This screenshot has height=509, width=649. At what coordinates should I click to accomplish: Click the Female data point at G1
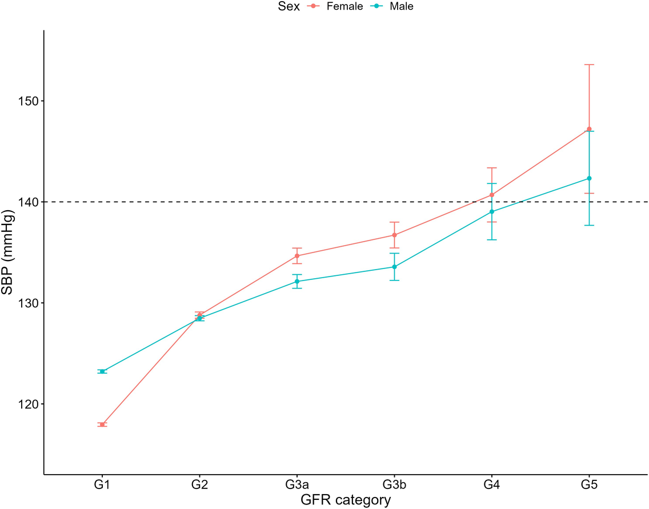102,424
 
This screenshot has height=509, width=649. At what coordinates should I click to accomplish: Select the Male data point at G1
102,371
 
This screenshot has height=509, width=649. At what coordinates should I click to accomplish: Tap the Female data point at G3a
297,255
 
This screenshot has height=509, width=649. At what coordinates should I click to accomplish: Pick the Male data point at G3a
297,281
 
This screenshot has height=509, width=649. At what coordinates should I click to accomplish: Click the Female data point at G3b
394,235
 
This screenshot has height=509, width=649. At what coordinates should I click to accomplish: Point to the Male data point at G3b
394,267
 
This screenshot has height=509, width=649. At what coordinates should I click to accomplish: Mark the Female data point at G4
492,195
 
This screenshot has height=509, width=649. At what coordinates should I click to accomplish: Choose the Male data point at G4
492,212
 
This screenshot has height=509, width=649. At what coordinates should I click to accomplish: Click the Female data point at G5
589,129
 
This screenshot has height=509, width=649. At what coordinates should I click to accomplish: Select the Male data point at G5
589,178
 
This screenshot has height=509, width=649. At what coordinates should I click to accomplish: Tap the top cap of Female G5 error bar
589,65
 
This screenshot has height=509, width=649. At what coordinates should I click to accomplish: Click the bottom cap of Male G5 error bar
589,225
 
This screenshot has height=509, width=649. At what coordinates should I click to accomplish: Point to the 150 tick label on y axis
27,101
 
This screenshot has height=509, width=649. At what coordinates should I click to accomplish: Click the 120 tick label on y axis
27,404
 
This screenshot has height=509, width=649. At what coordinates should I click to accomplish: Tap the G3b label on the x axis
394,486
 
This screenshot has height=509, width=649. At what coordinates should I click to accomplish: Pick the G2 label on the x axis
199,486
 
